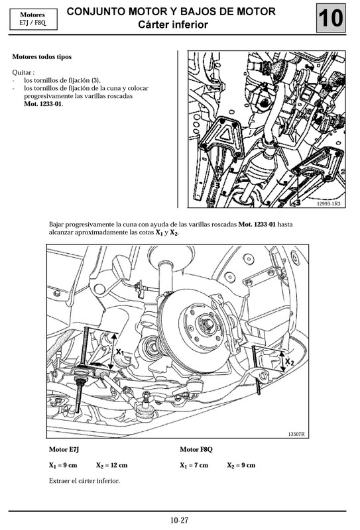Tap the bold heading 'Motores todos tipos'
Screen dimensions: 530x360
pyautogui.click(x=42, y=58)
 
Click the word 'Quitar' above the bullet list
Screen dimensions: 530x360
pyautogui.click(x=23, y=72)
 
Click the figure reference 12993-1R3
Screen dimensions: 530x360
pyautogui.click(x=328, y=205)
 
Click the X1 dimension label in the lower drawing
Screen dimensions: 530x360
pyautogui.click(x=119, y=352)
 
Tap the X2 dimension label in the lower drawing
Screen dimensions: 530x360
pyautogui.click(x=290, y=362)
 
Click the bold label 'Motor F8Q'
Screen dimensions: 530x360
pyautogui.click(x=196, y=450)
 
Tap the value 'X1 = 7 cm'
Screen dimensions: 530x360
pyautogui.click(x=194, y=466)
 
